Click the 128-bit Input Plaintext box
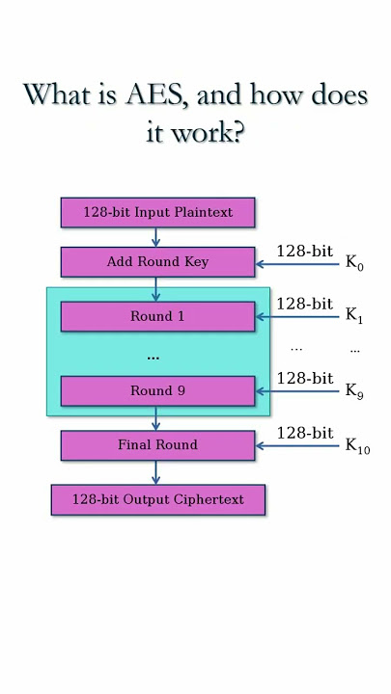tap(157, 212)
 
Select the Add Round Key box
tap(157, 262)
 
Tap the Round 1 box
tap(157, 316)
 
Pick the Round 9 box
tap(157, 390)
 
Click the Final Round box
tap(157, 445)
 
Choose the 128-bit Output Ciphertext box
tap(158, 499)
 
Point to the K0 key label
tap(354, 263)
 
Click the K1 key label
tap(353, 315)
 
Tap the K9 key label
tap(354, 391)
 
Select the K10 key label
tap(357, 446)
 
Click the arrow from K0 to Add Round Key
tap(297, 264)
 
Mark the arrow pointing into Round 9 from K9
tap(297, 391)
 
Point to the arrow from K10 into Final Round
tap(297, 445)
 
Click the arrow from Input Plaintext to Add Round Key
tap(155, 237)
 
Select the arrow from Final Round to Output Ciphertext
tap(155, 472)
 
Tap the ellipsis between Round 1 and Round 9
tap(153, 358)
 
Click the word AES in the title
tap(153, 94)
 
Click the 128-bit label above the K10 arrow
tap(305, 433)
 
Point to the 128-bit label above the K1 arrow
tap(305, 304)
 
